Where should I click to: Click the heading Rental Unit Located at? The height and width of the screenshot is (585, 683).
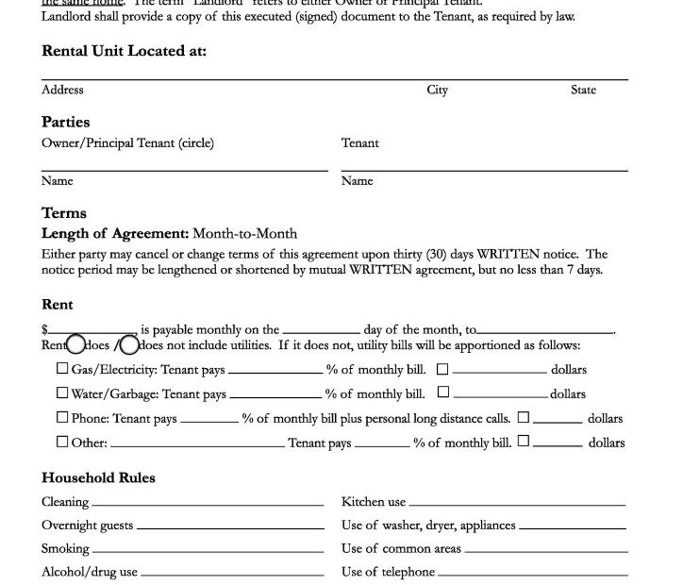point(124,51)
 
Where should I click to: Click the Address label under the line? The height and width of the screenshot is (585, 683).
point(62,90)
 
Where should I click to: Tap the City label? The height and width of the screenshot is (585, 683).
point(437,90)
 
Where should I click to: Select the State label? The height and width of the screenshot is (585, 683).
point(583,90)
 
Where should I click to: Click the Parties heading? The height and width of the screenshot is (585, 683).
point(66,122)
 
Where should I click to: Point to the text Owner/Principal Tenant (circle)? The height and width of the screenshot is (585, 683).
point(127,143)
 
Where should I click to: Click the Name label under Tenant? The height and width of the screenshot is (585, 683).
point(357,180)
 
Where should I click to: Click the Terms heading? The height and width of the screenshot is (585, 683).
point(64,213)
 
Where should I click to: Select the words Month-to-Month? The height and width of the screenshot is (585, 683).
point(244,233)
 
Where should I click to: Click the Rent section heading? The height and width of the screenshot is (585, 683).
point(58,305)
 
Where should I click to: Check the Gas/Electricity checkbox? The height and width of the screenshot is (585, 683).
point(62,369)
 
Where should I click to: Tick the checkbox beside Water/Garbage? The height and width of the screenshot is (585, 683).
point(62,393)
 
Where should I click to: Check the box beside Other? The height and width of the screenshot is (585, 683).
point(62,442)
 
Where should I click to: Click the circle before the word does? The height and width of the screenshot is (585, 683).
point(75,345)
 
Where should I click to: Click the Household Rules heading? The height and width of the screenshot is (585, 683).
point(98,477)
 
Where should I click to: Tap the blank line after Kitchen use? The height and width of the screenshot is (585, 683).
point(517,504)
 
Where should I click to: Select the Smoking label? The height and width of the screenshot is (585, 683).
point(65,548)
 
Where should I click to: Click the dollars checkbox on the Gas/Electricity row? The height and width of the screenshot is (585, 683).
point(442,369)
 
